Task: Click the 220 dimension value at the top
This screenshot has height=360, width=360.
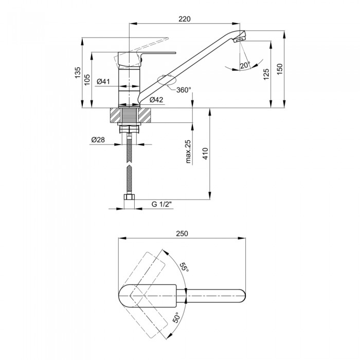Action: pyautogui.click(x=185, y=19)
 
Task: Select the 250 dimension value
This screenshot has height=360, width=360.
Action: pyautogui.click(x=182, y=233)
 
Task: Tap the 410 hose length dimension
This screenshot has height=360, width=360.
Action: pyautogui.click(x=205, y=154)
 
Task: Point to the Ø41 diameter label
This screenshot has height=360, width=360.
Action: pyautogui.click(x=103, y=81)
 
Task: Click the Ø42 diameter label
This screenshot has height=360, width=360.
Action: pyautogui.click(x=156, y=100)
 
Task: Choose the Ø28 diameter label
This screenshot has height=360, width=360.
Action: pyautogui.click(x=98, y=139)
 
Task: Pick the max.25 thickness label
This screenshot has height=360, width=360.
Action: pyautogui.click(x=188, y=152)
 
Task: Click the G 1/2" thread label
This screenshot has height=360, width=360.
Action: pyautogui.click(x=162, y=204)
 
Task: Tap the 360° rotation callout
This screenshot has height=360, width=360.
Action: pyautogui.click(x=184, y=90)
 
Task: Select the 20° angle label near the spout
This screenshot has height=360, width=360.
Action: pyautogui.click(x=245, y=65)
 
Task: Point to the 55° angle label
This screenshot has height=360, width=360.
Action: pyautogui.click(x=184, y=267)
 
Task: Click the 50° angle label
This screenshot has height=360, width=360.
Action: pyautogui.click(x=176, y=317)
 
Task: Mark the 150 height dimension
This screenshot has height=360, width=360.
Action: pyautogui.click(x=280, y=69)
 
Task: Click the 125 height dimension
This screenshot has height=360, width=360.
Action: pyautogui.click(x=266, y=74)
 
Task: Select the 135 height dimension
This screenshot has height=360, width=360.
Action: pyautogui.click(x=78, y=73)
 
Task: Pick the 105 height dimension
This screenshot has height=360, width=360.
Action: pyautogui.click(x=87, y=80)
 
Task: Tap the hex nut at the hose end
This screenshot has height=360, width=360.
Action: pyautogui.click(x=129, y=197)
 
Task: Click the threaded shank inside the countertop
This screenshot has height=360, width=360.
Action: pyautogui.click(x=129, y=115)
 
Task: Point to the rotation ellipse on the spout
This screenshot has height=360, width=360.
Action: pyautogui.click(x=167, y=80)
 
